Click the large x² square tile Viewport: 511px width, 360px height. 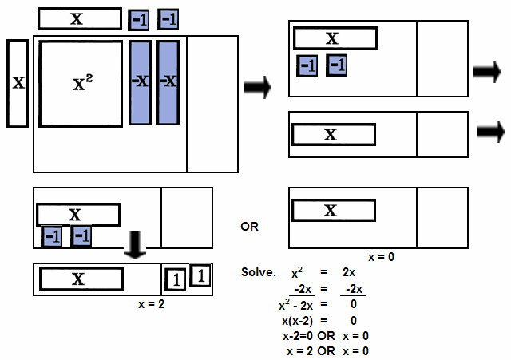coord(81,84)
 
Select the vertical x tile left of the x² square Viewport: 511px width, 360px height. coord(18,82)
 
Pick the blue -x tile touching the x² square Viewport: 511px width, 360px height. coord(139,81)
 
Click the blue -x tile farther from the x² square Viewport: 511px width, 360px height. coord(168,81)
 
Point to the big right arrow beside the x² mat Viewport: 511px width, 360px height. coord(256,85)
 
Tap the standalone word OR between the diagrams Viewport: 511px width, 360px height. coord(250,227)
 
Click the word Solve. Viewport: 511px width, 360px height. coord(258,273)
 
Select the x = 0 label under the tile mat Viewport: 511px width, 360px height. coord(381,257)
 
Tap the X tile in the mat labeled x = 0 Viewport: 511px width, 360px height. coord(331,211)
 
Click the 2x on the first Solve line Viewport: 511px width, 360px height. coord(347,273)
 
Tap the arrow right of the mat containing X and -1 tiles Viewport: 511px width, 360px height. coord(486,72)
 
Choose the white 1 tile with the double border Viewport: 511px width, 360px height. coord(200,275)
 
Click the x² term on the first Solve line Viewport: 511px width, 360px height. coord(298,272)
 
